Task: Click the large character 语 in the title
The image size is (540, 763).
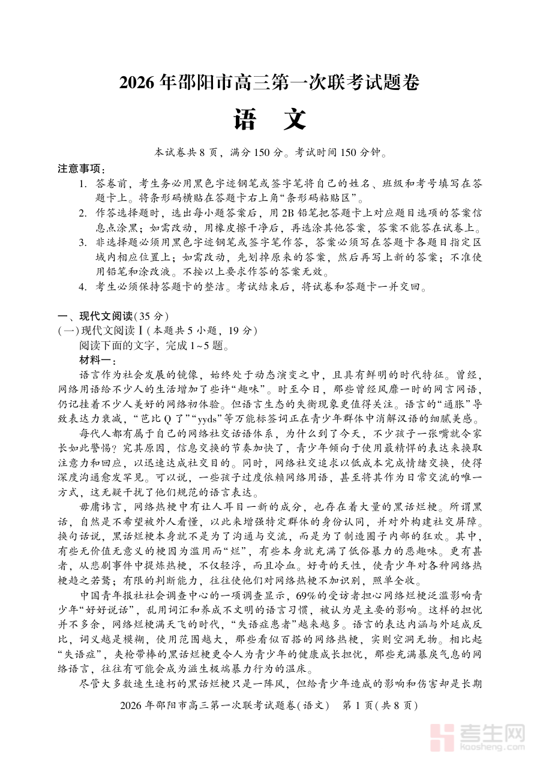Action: click(x=246, y=120)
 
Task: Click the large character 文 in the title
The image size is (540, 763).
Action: click(x=294, y=120)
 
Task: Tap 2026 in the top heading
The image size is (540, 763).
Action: click(x=139, y=82)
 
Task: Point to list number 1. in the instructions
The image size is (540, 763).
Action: click(x=84, y=184)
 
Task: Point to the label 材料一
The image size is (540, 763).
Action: click(x=96, y=360)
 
